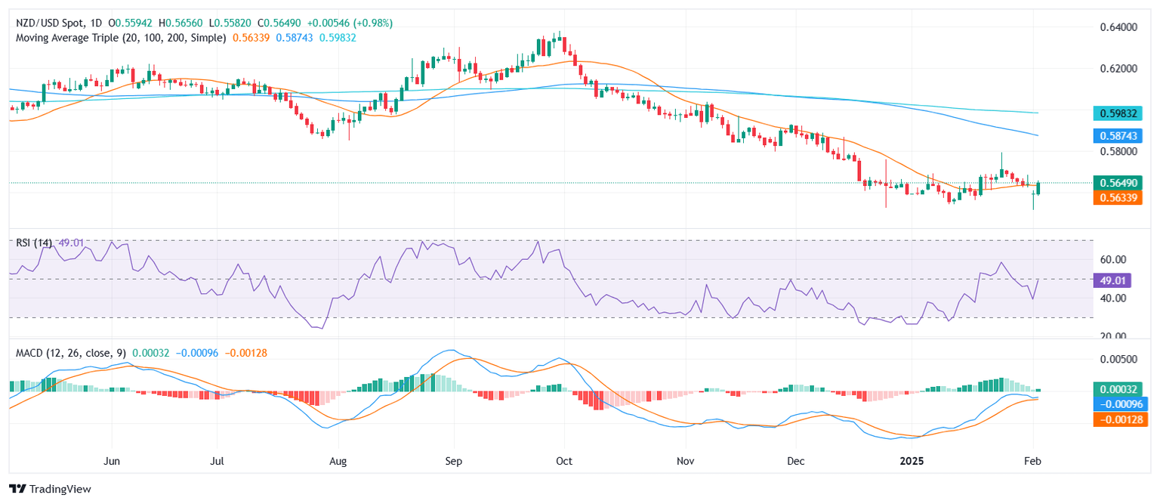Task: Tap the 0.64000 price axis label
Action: point(1117,27)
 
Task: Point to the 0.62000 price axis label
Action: point(1117,68)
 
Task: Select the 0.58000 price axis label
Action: point(1117,151)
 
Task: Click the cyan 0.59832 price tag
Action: point(1118,113)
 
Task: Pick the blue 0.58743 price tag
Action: point(1118,136)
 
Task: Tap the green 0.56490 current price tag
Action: point(1118,182)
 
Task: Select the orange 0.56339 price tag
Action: point(1118,197)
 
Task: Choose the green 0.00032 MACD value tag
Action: point(1118,389)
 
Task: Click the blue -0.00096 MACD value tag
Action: point(1118,404)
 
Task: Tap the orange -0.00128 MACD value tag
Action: point(1118,419)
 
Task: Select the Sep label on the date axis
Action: point(453,460)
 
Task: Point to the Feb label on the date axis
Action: point(1032,460)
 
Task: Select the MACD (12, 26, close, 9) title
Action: point(70,353)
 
